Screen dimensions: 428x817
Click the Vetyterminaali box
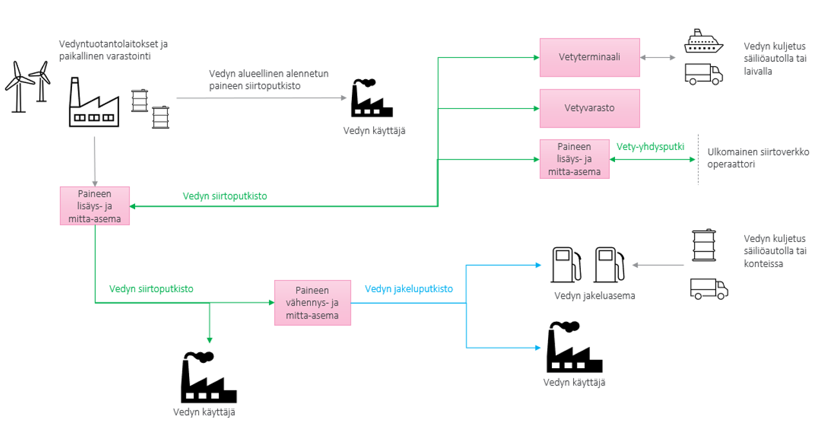tap(589, 57)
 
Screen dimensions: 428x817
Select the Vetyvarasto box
tap(589, 107)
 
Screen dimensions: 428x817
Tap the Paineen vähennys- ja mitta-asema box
tap(312, 302)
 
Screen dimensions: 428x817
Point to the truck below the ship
tap(704, 74)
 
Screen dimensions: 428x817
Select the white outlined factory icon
tap(94, 103)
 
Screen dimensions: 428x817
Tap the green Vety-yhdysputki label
tap(650, 147)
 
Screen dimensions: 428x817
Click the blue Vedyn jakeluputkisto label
tap(408, 289)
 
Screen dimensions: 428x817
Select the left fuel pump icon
tap(566, 265)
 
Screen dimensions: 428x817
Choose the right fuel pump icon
tap(609, 265)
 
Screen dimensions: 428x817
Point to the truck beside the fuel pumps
tap(708, 289)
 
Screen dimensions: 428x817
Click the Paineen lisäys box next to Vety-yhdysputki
tap(574, 159)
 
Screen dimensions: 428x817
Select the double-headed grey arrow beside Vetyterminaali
tap(657, 57)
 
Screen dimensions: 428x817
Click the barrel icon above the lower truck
tap(703, 245)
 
